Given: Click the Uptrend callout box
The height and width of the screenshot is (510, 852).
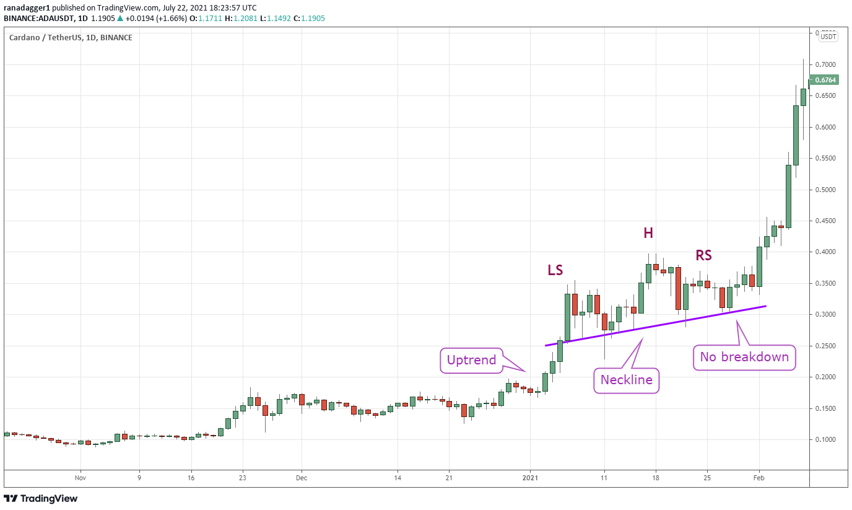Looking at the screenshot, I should click(471, 360).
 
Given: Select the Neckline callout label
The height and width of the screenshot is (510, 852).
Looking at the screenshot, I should click(627, 380).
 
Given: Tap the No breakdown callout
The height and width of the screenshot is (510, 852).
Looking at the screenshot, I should click(744, 357).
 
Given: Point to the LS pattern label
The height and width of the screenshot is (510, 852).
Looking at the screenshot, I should click(555, 270).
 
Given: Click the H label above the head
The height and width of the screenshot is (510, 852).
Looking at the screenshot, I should click(648, 233).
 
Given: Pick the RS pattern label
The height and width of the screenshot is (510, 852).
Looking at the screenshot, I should click(703, 255).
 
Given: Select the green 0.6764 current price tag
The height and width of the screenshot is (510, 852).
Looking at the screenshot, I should click(825, 80).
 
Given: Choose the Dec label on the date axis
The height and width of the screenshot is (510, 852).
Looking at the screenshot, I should click(302, 478).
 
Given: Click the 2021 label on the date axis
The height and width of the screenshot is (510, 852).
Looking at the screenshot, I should click(531, 478).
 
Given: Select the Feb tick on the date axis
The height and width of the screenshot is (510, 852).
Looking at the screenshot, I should click(758, 478).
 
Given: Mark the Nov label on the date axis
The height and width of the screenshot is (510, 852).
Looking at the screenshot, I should click(79, 478).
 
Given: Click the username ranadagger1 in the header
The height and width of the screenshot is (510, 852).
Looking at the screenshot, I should click(27, 8).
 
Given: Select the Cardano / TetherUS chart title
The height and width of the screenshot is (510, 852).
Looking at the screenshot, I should click(70, 37).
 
